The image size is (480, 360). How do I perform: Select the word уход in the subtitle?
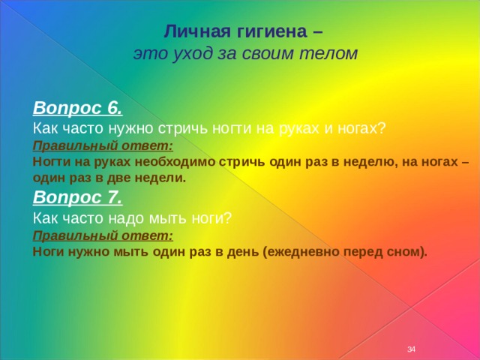[x=192, y=54]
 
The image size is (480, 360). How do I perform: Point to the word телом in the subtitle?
[x=328, y=53]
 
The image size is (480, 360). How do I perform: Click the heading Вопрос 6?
[x=78, y=108]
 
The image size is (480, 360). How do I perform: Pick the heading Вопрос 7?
[x=77, y=197]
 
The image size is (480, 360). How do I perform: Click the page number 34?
[x=411, y=349]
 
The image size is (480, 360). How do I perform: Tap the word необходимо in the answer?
[x=175, y=161]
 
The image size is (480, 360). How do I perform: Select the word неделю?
[x=370, y=162]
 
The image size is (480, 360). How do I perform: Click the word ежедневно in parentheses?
[x=302, y=252]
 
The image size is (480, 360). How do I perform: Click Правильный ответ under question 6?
[x=103, y=145]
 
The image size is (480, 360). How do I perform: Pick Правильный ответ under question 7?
[x=103, y=235]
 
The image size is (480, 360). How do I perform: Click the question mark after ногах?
[x=381, y=128]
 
